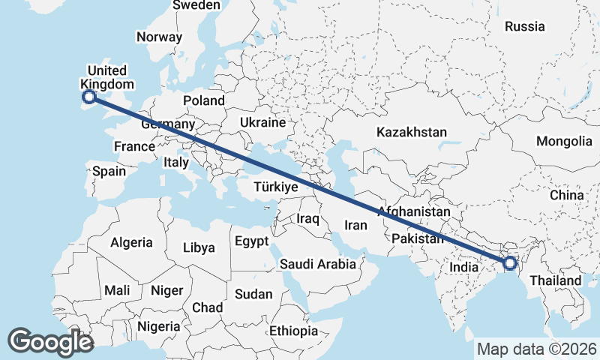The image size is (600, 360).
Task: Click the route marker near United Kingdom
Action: coord(89,96)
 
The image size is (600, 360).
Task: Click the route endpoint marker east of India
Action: coord(510,263)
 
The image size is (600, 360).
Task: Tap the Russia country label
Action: coord(524,26)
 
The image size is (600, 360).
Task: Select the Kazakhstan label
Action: coord(412,132)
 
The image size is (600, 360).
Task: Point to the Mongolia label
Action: coord(564,141)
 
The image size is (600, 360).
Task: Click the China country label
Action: coord(566,195)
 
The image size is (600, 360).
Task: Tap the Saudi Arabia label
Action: coord(317,264)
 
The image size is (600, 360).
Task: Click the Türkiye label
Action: coord(276,187)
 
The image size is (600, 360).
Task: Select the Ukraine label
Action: coord(262,122)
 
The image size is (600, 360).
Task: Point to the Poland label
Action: coord(203,100)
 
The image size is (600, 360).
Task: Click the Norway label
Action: coord(159,37)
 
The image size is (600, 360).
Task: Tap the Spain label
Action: coord(109,171)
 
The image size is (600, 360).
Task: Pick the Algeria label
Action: coord(131,242)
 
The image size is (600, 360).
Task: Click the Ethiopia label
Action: coord(294,331)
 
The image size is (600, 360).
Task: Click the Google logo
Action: coord(50,342)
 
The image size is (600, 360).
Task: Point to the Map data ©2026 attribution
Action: coord(536,349)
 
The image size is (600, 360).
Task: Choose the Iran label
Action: coord(355,224)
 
